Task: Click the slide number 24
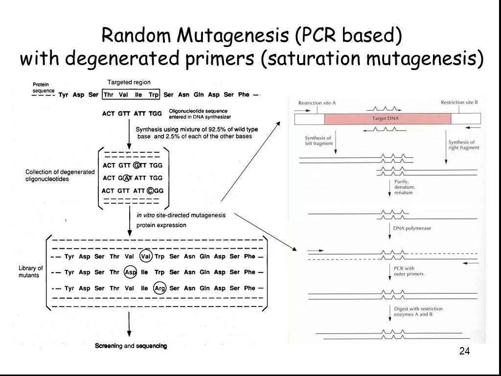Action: pos(464,351)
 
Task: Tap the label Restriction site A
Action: pos(317,103)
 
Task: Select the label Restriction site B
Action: pos(459,102)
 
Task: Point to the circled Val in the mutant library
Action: pos(145,257)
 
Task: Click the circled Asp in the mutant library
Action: pos(130,272)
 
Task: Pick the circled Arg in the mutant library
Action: pos(159,288)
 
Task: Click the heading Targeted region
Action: pos(129,82)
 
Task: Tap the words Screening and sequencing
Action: pos(131,346)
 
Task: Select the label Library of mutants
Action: pos(30,272)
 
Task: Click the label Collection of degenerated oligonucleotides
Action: pos(60,176)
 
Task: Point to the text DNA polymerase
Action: pos(412,228)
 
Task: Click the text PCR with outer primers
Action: pos(405,271)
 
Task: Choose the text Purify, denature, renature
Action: pos(405,187)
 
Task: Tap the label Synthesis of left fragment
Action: pos(319,141)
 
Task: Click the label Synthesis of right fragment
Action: pos(463,144)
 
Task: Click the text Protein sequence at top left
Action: pos(44,88)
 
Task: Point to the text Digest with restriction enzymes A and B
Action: pos(418,311)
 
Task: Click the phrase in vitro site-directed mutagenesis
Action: pos(181,215)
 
